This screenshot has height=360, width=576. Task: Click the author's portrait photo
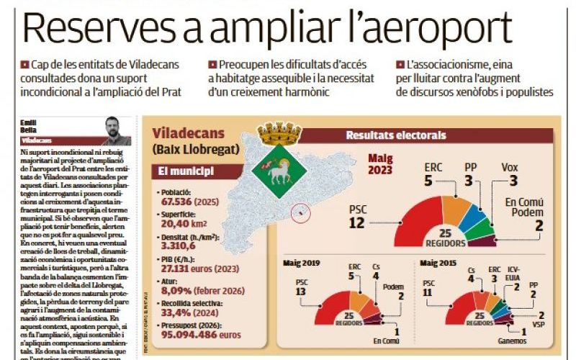point(116,131)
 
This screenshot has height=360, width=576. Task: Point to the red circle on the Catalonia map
point(301,212)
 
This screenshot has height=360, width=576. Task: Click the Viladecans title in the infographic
point(189,133)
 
